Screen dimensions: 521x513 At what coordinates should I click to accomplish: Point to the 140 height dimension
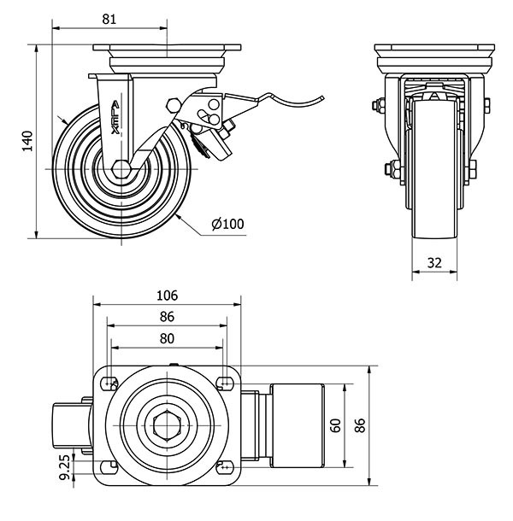pyautogui.click(x=28, y=141)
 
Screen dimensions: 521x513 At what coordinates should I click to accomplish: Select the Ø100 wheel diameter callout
pyautogui.click(x=227, y=224)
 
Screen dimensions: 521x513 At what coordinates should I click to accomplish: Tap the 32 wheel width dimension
pyautogui.click(x=433, y=263)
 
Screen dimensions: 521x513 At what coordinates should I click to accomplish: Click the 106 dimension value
pyautogui.click(x=167, y=296)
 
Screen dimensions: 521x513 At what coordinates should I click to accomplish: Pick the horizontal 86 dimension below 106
pyautogui.click(x=167, y=317)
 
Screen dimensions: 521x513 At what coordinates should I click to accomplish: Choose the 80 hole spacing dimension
pyautogui.click(x=167, y=338)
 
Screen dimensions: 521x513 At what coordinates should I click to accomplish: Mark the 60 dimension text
pyautogui.click(x=336, y=424)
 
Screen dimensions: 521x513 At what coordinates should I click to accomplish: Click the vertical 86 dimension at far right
pyautogui.click(x=360, y=424)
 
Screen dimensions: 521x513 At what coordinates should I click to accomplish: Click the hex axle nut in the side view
pyautogui.click(x=121, y=167)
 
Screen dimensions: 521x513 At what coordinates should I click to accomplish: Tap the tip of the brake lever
pyautogui.click(x=324, y=97)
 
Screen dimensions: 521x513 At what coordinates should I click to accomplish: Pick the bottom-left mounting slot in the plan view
pyautogui.click(x=109, y=466)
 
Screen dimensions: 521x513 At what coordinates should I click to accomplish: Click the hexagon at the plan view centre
pyautogui.click(x=167, y=424)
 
